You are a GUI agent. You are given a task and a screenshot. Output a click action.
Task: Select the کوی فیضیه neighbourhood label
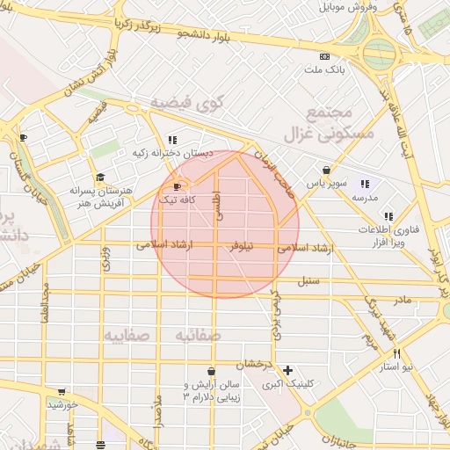coord(188,103)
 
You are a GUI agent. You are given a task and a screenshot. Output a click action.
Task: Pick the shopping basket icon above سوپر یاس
coord(326,171)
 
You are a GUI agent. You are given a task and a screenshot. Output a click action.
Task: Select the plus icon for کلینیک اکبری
coord(287,370)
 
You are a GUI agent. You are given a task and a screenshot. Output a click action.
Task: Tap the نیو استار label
coord(396,365)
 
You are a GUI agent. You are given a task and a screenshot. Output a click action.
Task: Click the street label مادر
coord(401,301)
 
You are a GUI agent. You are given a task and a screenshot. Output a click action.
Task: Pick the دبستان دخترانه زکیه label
coord(173,153)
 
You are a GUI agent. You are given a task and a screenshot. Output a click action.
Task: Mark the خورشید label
coord(63,404)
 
